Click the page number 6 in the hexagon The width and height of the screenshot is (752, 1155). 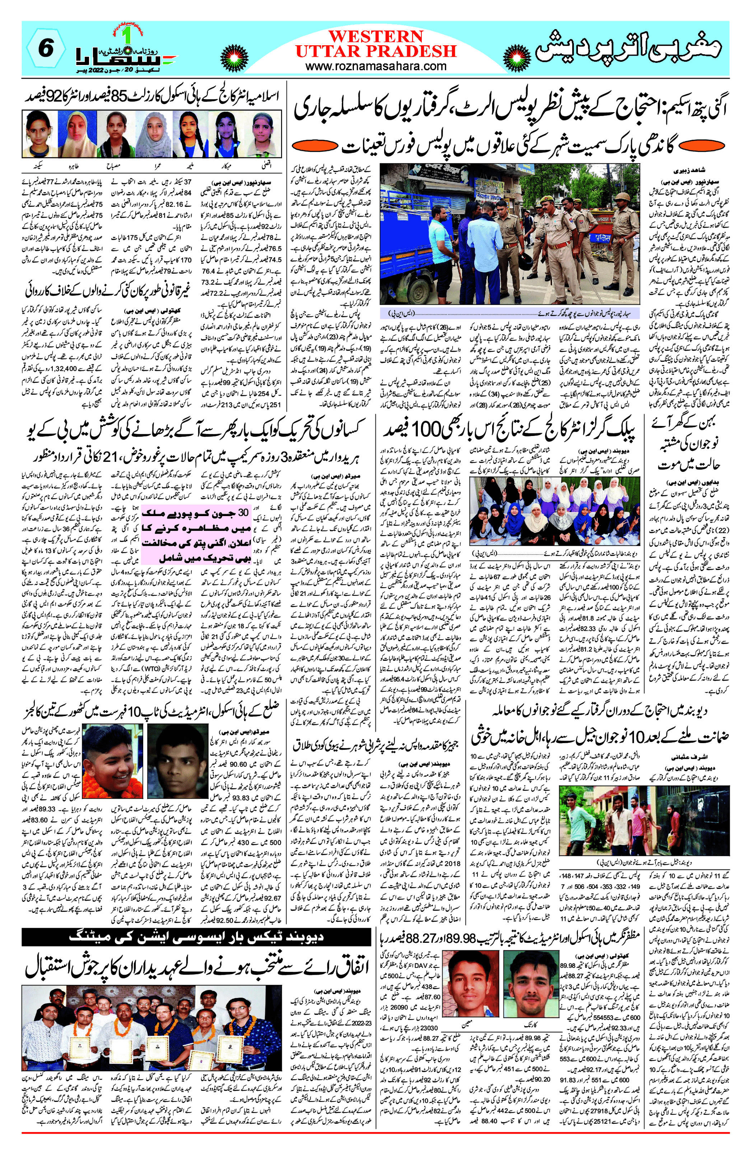45,48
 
